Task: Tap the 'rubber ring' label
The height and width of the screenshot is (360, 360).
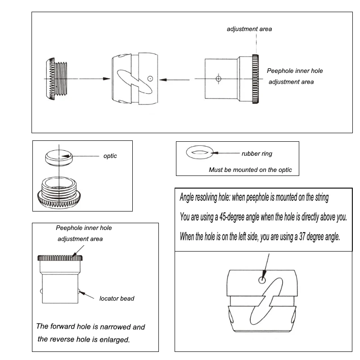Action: point(257,153)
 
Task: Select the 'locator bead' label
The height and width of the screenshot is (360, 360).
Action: point(117,298)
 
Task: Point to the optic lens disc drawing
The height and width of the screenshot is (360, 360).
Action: point(58,157)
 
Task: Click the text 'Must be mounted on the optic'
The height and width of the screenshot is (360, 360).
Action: point(250,170)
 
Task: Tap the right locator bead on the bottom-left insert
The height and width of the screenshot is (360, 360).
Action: point(80,291)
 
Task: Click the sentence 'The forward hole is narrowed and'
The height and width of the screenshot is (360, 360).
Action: point(90,327)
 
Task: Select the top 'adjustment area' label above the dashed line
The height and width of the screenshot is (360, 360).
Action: point(249,29)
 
